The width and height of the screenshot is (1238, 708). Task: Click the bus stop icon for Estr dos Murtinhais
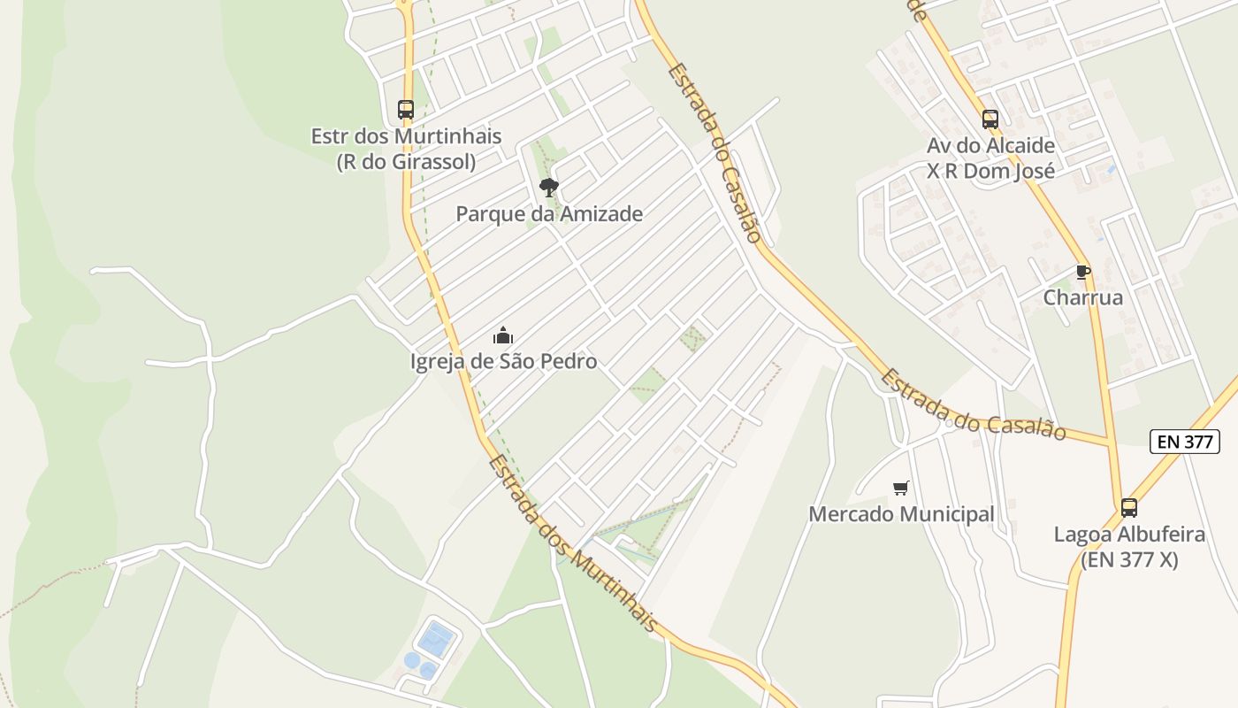tap(406, 110)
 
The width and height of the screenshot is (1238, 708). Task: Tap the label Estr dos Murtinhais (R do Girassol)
tap(406, 149)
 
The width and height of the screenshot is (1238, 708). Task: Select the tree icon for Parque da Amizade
tap(549, 187)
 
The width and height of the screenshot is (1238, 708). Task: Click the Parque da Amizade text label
tap(549, 214)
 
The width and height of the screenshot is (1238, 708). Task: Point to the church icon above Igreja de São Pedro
tap(503, 335)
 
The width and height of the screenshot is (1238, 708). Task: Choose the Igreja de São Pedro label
tap(503, 361)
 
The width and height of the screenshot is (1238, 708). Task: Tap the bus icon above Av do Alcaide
tap(990, 119)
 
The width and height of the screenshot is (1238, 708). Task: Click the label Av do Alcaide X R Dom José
tap(990, 158)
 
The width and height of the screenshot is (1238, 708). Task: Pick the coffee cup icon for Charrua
tap(1083, 272)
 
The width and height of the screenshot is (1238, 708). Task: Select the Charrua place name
tap(1083, 297)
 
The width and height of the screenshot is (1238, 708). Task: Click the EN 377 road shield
tap(1185, 442)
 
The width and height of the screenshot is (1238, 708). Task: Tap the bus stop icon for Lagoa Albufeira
tap(1129, 508)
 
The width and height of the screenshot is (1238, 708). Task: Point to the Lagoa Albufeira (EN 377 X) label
tap(1129, 547)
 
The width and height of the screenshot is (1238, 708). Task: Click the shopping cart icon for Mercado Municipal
tap(901, 488)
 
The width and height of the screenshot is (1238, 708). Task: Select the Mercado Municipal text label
tap(901, 514)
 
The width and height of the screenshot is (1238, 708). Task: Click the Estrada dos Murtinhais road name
tap(573, 544)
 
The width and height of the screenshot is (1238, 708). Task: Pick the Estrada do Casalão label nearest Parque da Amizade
tap(715, 152)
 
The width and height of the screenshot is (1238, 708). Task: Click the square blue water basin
tap(436, 639)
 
